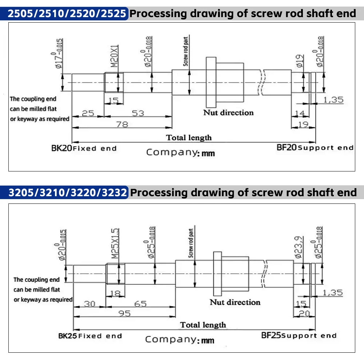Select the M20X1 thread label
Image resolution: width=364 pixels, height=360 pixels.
114,57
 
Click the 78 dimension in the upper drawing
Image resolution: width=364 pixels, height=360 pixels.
122,124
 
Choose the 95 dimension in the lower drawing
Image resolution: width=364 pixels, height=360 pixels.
124,313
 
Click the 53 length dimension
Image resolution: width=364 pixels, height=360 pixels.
138,114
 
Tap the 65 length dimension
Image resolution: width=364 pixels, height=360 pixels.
140,303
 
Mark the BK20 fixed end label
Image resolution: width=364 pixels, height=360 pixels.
84,148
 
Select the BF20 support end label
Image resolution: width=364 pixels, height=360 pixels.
315,147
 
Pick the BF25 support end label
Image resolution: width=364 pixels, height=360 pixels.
299,335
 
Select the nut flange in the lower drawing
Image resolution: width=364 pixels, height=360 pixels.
218,274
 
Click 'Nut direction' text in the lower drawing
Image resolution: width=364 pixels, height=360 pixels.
235,302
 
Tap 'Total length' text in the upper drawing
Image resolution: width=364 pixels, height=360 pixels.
189,138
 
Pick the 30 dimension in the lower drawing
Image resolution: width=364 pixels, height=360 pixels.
89,303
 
